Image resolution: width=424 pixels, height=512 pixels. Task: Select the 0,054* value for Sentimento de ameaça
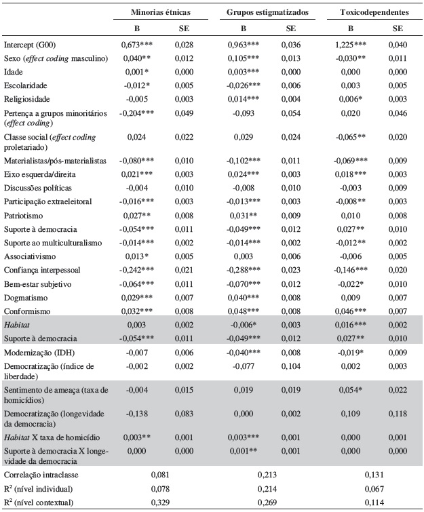351,391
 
